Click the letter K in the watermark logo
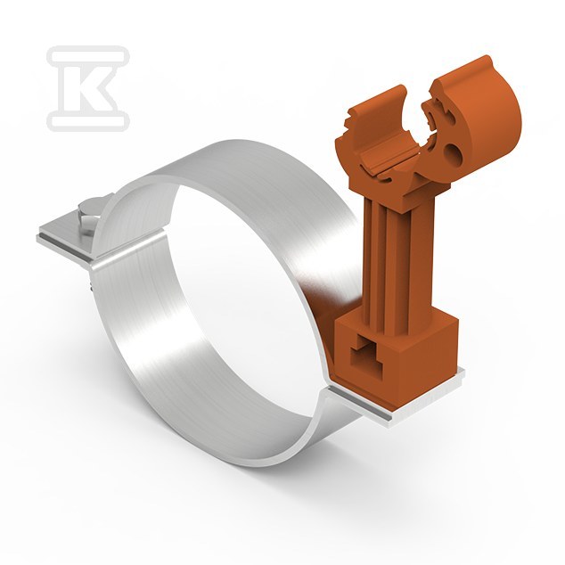click(x=88, y=87)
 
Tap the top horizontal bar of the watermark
click(x=88, y=56)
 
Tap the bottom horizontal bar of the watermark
click(x=88, y=120)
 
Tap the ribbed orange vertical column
click(x=397, y=252)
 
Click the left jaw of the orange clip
click(x=371, y=119)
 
